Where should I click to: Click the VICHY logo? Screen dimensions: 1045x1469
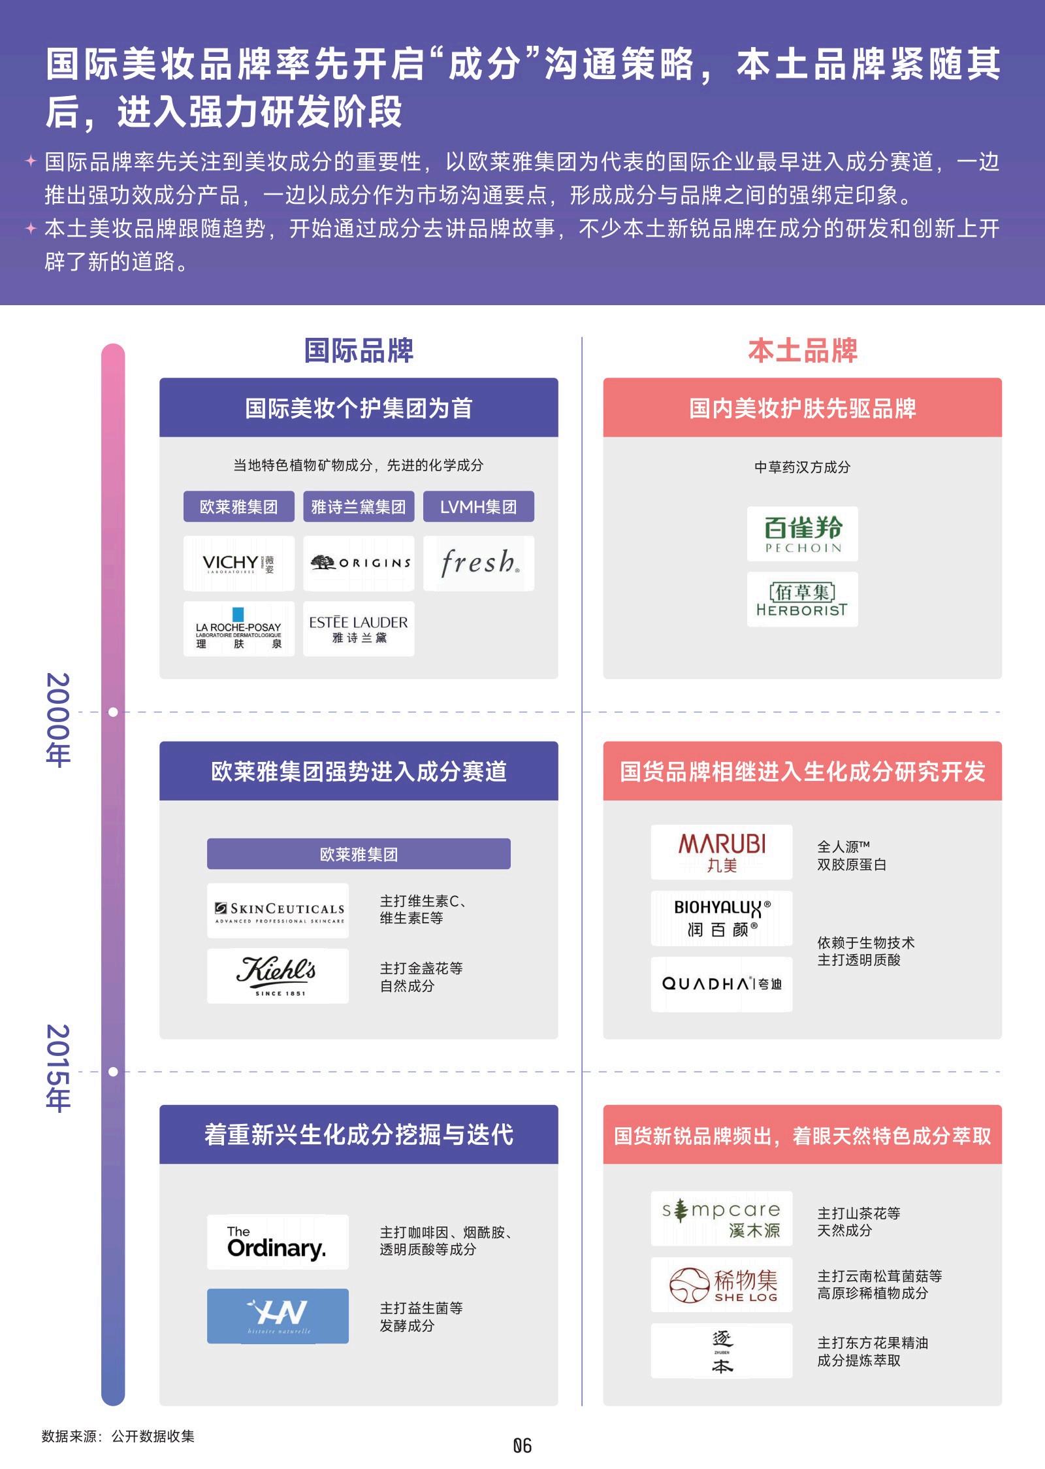click(238, 563)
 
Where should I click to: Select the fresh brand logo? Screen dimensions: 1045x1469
click(479, 563)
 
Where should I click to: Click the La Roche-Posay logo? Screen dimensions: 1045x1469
click(238, 629)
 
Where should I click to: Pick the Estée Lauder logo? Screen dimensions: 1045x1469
click(359, 629)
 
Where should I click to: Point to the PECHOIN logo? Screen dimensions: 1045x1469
click(803, 534)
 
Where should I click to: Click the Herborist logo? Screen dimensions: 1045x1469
click(803, 600)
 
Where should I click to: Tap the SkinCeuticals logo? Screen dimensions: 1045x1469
click(278, 911)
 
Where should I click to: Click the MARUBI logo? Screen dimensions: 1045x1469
click(722, 852)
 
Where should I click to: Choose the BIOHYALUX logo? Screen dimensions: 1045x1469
click(722, 918)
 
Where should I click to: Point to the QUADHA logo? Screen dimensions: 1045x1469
click(722, 984)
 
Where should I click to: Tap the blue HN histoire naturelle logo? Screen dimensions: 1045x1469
click(278, 1316)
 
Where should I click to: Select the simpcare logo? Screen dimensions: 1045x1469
click(722, 1219)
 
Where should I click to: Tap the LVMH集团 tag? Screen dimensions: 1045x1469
click(479, 506)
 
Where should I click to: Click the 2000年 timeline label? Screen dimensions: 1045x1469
click(58, 719)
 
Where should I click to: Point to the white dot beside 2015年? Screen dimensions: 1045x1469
click(113, 1072)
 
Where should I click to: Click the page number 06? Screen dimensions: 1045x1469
click(522, 1446)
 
